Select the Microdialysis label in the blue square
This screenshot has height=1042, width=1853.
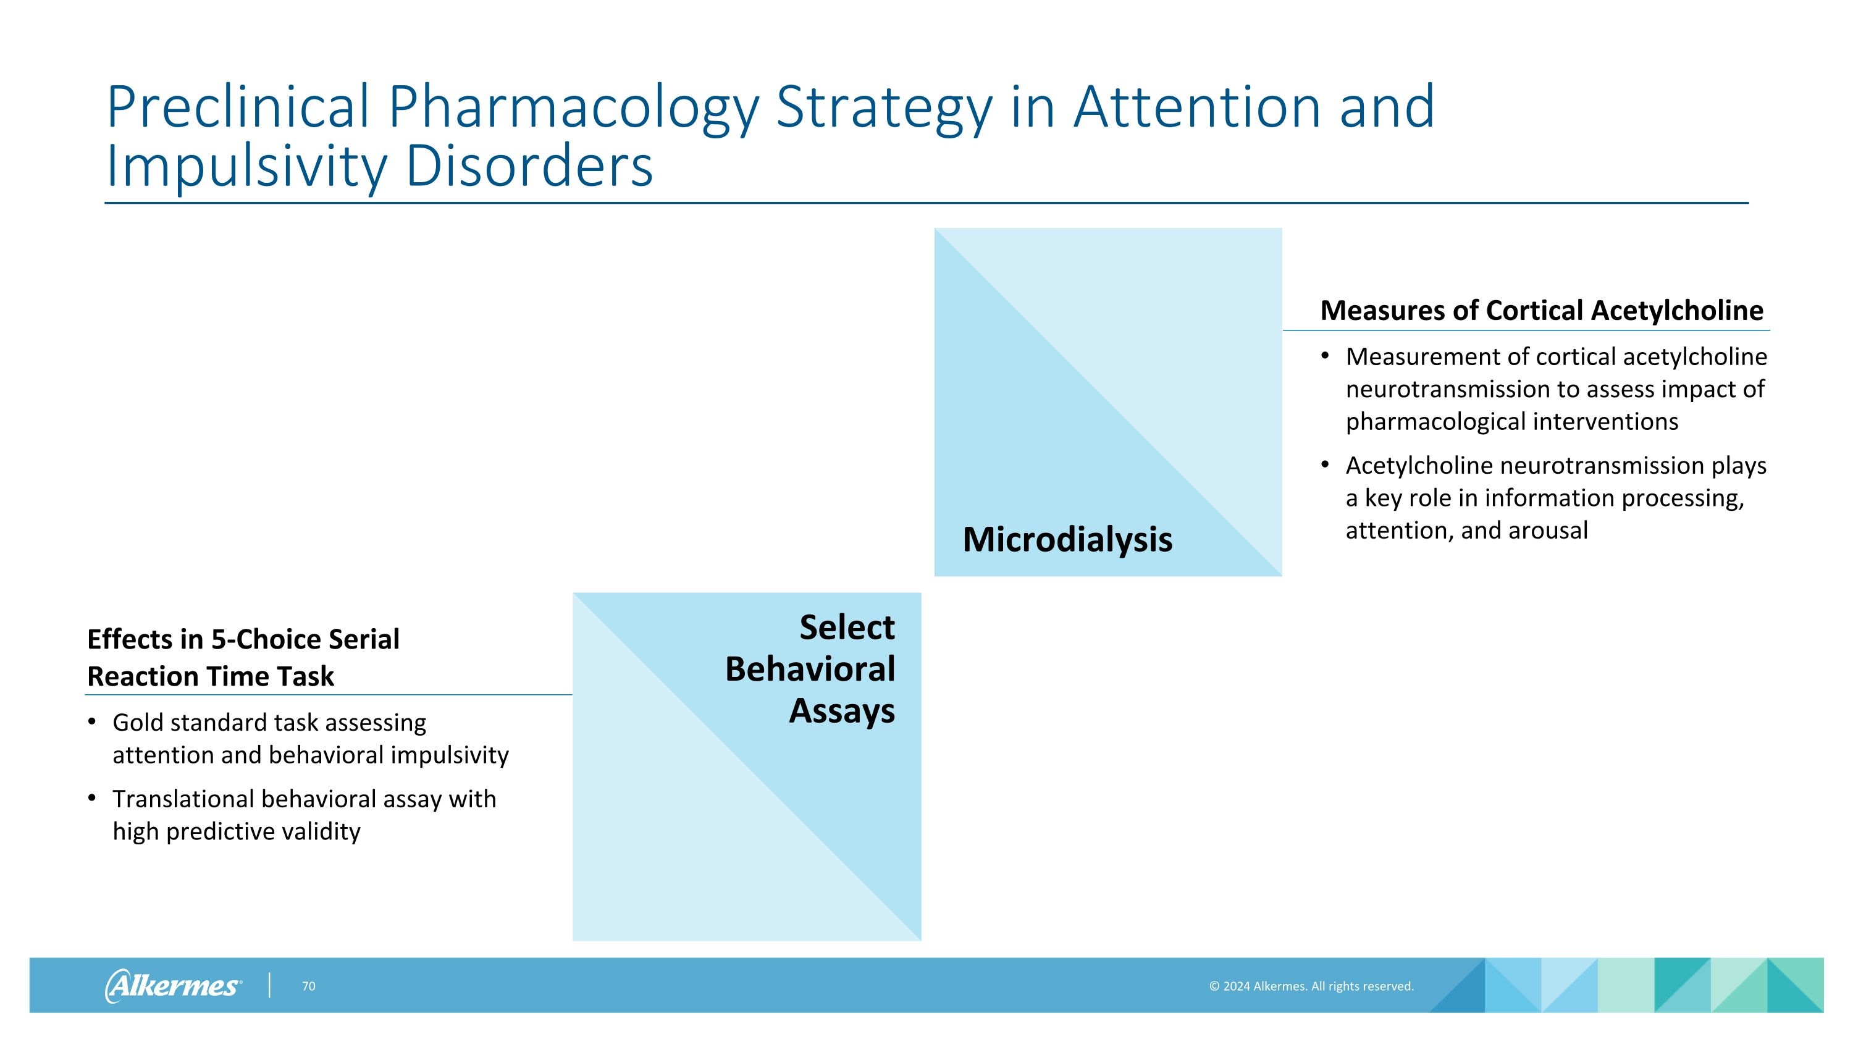(1067, 539)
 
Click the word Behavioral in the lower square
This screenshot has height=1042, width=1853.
(809, 670)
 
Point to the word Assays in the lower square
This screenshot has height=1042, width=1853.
(842, 711)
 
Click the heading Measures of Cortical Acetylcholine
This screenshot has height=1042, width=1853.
(1542, 311)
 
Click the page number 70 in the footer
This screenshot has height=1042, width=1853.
(309, 986)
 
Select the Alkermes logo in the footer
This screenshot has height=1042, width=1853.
(173, 985)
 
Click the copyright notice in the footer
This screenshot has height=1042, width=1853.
(1311, 986)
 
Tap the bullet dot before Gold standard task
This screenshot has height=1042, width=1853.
(91, 721)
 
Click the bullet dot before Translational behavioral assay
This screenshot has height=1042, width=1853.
(91, 797)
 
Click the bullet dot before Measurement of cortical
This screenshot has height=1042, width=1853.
(1325, 355)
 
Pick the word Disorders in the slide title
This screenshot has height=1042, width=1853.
(529, 167)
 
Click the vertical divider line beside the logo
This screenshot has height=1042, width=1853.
(270, 985)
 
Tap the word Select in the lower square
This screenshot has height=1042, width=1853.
(847, 628)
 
